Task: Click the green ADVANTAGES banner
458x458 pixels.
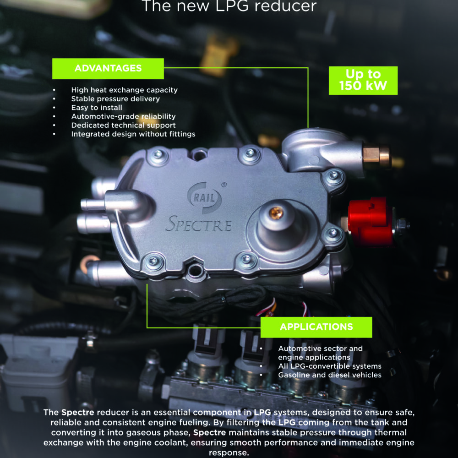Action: coord(108,69)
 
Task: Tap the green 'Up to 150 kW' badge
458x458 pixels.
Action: coord(363,80)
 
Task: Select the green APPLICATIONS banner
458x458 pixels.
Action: coord(316,327)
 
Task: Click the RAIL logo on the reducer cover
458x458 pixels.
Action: coord(204,198)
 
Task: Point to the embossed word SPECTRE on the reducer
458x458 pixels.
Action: coord(198,224)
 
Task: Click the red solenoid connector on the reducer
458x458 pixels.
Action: coord(370,221)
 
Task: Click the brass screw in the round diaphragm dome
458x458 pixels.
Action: coord(276,213)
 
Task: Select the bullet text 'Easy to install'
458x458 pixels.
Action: coord(97,108)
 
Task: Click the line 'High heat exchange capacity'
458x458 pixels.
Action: coord(125,90)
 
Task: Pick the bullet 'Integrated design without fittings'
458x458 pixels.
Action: coord(133,134)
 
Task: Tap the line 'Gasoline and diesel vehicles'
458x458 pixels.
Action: coord(330,375)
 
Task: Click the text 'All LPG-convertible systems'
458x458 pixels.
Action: coord(330,366)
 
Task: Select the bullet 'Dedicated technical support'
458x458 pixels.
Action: coord(124,125)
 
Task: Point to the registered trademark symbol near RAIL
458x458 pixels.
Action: coord(224,185)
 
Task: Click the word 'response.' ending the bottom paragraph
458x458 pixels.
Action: coord(229,453)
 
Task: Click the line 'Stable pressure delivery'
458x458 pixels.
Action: coord(116,99)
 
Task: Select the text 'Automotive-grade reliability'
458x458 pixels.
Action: coord(124,116)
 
